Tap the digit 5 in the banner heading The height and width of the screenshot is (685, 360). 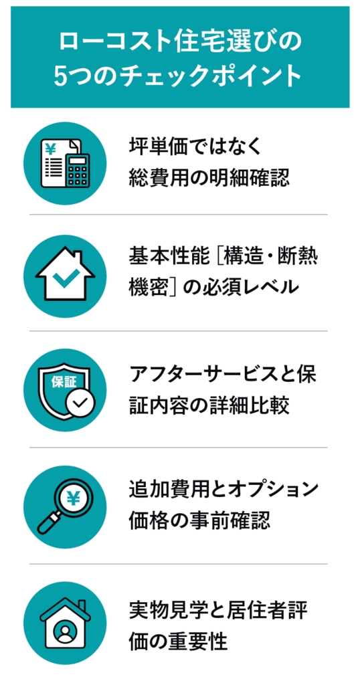coord(60,76)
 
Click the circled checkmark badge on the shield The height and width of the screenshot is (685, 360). coord(80,402)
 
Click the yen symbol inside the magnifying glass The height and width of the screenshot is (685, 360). coord(72,497)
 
